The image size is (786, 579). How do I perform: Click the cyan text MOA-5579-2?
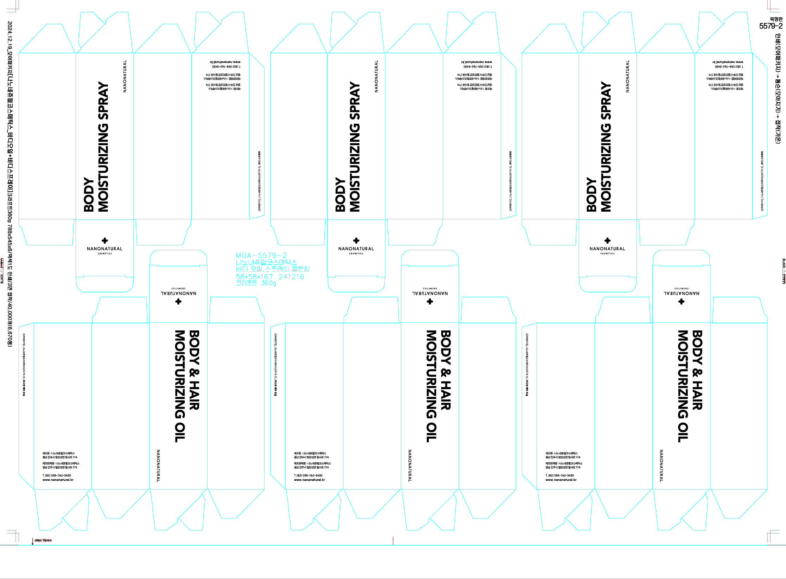pyautogui.click(x=261, y=256)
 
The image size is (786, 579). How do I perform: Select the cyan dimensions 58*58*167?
pyautogui.click(x=254, y=277)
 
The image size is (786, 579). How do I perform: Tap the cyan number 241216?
pyautogui.click(x=291, y=277)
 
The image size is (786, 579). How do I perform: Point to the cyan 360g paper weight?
pyautogui.click(x=268, y=283)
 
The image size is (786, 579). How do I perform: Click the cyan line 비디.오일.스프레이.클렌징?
pyautogui.click(x=273, y=269)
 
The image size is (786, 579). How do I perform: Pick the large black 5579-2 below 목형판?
pyautogui.click(x=771, y=26)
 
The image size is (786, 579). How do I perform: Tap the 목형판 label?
pyautogui.click(x=776, y=19)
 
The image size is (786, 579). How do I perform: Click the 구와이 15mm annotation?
pyautogui.click(x=43, y=540)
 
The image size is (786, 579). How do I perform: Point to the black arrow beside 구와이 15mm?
pyautogui.click(x=33, y=541)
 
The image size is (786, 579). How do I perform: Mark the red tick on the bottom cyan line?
pyautogui.click(x=393, y=541)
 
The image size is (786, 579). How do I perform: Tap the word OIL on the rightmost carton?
pyautogui.click(x=683, y=432)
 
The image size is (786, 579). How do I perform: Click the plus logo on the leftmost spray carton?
pyautogui.click(x=104, y=240)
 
